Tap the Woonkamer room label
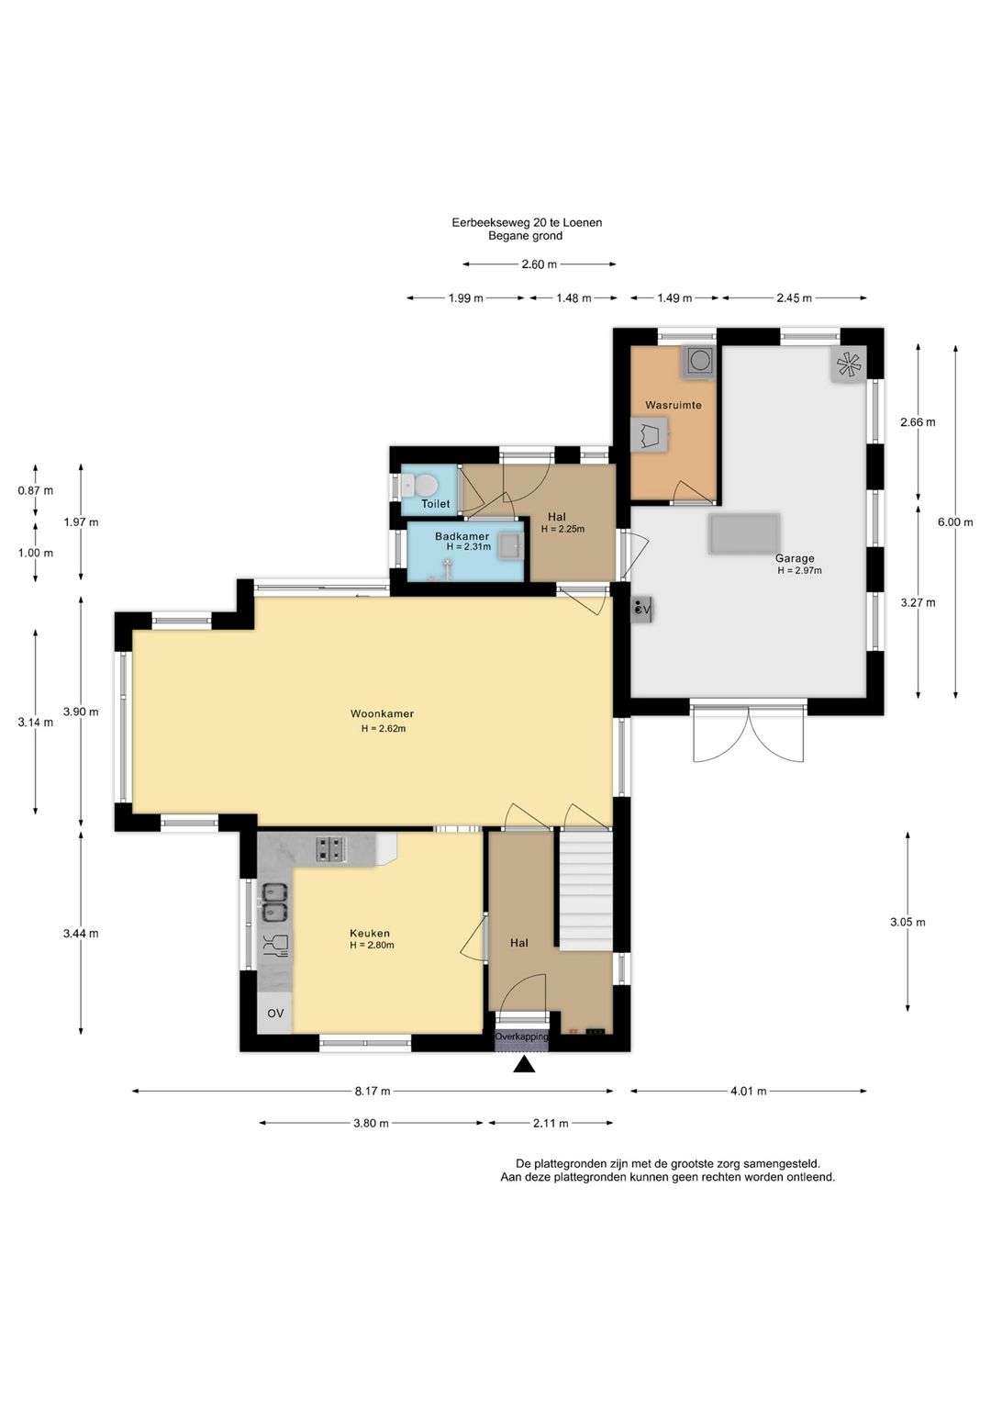click(x=382, y=713)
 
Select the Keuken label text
click(x=370, y=933)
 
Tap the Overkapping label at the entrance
click(x=521, y=1037)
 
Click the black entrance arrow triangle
click(x=524, y=1065)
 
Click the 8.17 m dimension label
click(x=373, y=1092)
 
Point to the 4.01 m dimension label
click(x=749, y=1092)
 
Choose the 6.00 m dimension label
click(x=954, y=522)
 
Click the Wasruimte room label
click(x=674, y=405)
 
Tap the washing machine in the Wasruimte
click(x=697, y=362)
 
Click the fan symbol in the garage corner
click(x=849, y=364)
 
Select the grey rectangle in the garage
click(x=744, y=533)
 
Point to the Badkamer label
click(x=462, y=537)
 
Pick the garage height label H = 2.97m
click(x=799, y=570)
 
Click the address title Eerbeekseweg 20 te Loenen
click(x=527, y=223)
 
